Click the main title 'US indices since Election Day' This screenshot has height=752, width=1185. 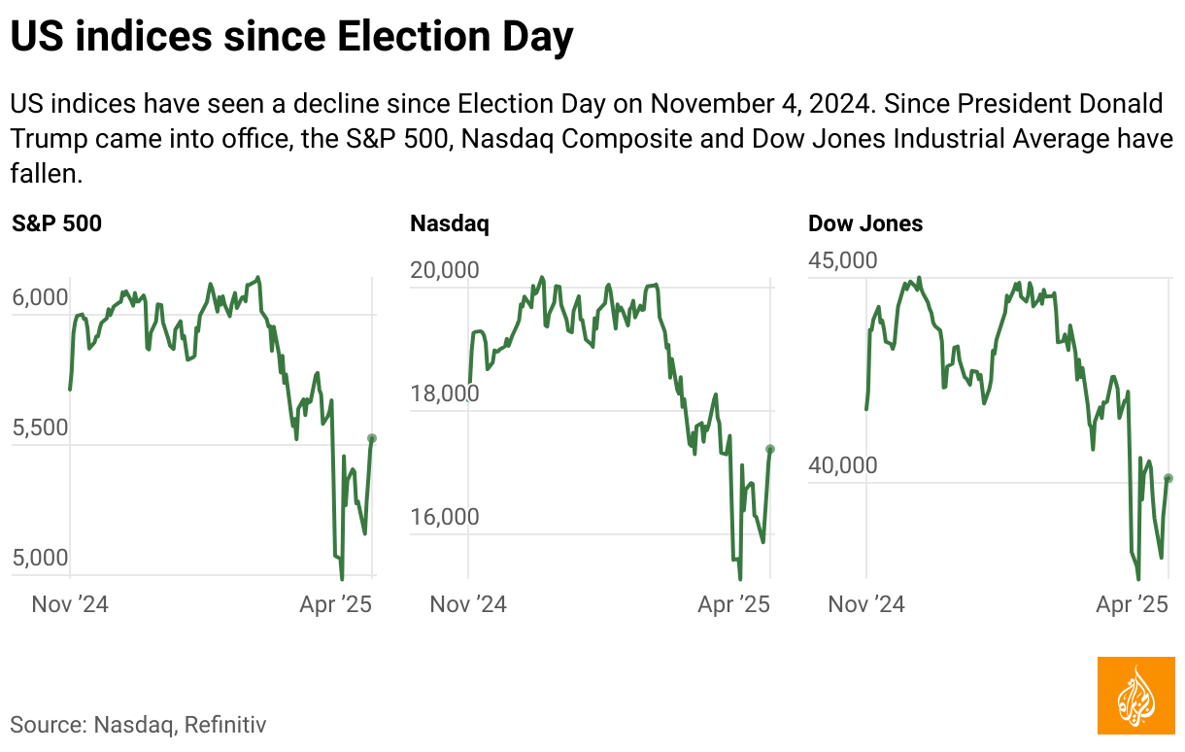(291, 37)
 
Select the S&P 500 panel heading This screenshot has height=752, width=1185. (56, 224)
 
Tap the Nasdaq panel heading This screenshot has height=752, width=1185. (450, 224)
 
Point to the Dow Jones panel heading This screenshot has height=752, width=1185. (865, 224)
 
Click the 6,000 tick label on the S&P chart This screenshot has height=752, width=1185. (41, 298)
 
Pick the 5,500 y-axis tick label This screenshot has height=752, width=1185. (41, 428)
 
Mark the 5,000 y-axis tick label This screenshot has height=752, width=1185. (41, 559)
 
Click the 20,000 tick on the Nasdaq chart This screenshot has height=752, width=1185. (445, 270)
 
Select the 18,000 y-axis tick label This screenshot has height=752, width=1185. (445, 393)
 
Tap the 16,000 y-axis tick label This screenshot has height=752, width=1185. (445, 517)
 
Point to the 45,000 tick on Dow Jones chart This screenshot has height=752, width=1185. (843, 260)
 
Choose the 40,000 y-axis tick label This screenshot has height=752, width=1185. (843, 466)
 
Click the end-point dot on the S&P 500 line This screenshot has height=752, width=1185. (372, 438)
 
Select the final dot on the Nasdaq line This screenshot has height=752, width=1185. (770, 449)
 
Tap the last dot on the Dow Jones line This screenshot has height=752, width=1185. (1168, 478)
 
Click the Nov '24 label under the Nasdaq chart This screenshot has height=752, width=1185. (468, 604)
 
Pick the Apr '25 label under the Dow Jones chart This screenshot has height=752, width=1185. (1132, 604)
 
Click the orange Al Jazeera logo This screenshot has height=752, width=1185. (1135, 696)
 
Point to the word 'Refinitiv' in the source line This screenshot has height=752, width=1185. (225, 724)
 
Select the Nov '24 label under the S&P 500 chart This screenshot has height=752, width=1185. (70, 604)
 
